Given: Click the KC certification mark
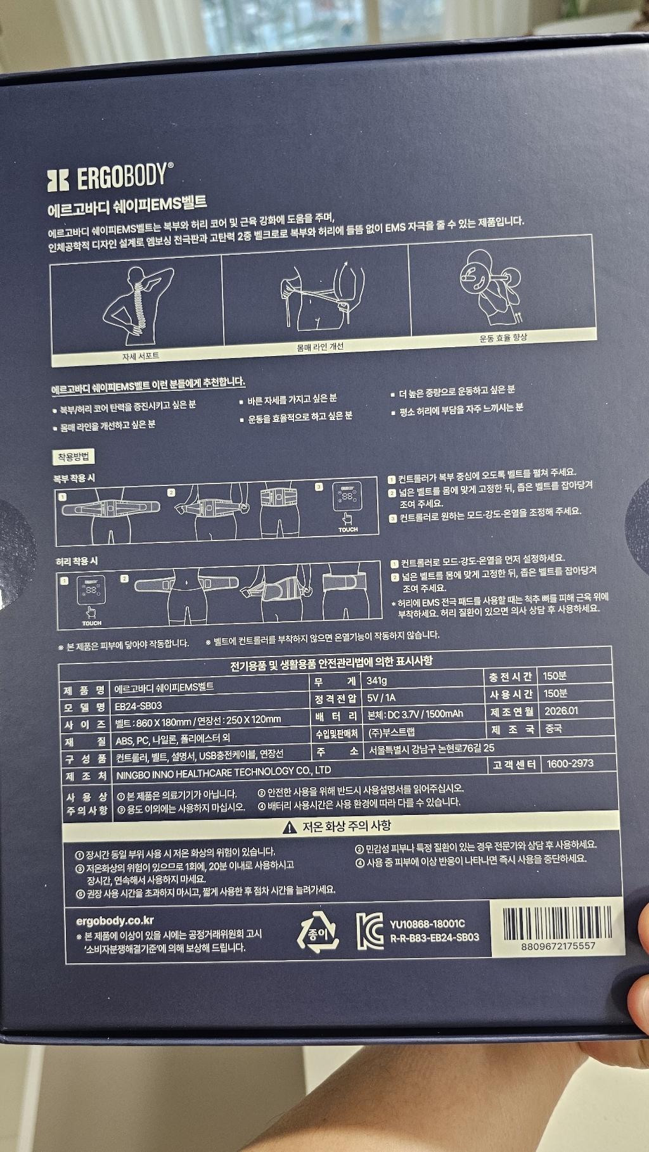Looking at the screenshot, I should point(369,931).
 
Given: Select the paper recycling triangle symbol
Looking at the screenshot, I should point(318,932).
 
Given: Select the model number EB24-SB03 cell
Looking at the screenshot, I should point(138,705).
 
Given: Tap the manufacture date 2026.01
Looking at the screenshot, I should point(561,711).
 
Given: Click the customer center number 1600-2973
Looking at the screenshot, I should point(570,764).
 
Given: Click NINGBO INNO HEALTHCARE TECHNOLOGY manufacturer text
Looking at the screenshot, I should point(223,772).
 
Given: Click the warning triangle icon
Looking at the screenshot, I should point(290,827).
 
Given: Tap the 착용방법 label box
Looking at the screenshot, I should point(74,457).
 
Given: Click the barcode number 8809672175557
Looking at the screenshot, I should point(558,946).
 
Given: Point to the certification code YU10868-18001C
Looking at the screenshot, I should point(427,924).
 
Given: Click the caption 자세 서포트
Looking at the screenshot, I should point(141,357).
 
